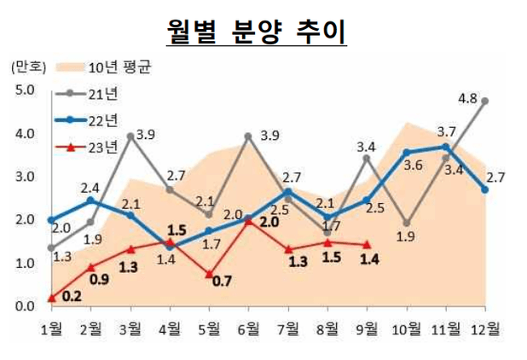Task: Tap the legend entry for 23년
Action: pos(104,147)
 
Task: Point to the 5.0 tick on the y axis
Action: pos(23,90)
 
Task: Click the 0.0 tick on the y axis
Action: pos(23,305)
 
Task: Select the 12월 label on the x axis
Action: pos(486,327)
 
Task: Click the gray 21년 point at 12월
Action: pos(485,100)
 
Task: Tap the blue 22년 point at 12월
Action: pos(485,189)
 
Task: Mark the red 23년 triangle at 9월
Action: pos(368,245)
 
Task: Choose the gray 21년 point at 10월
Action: pos(407,224)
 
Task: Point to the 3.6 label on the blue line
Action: pos(414,165)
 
